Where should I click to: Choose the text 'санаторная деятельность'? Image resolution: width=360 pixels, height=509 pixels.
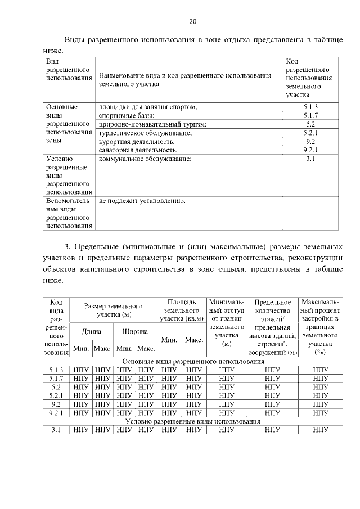(x=138, y=150)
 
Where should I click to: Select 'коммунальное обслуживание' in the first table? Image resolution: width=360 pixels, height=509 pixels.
(x=145, y=159)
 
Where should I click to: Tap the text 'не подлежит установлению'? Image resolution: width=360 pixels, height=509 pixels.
(x=142, y=200)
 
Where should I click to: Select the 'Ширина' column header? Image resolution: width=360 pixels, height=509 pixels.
(x=135, y=332)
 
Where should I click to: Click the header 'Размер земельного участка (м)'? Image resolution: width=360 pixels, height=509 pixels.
(x=113, y=310)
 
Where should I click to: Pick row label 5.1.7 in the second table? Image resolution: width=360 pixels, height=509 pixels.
(x=56, y=379)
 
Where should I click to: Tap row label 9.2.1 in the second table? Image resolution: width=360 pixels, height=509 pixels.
(x=56, y=413)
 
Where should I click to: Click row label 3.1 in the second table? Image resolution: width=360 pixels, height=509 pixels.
(x=56, y=430)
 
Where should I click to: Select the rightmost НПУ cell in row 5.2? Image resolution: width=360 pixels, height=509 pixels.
(x=320, y=387)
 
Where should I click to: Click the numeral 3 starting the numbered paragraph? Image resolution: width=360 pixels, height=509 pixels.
(x=66, y=247)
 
